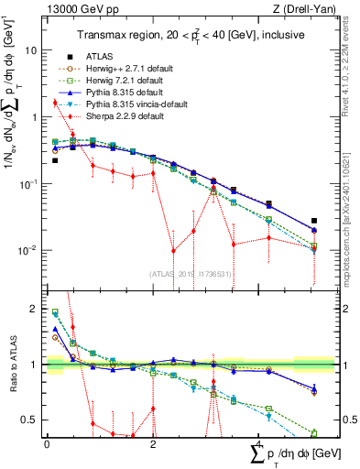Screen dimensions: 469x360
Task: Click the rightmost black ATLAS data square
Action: tap(314, 221)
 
